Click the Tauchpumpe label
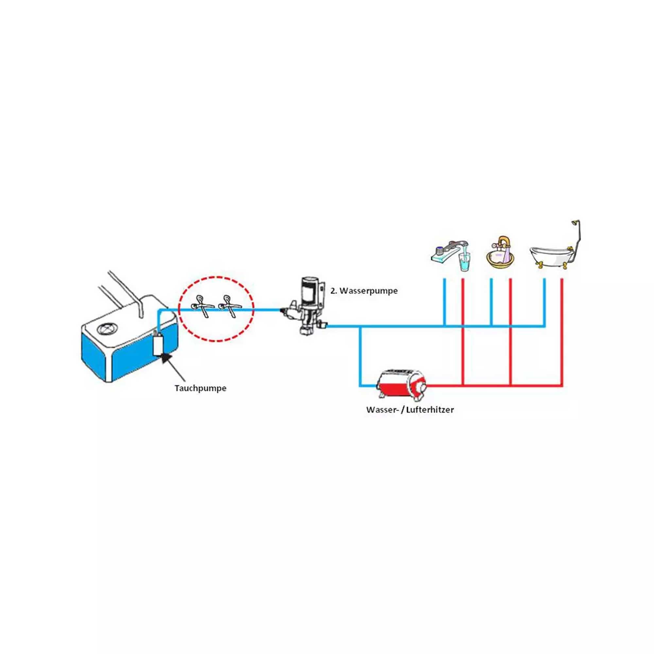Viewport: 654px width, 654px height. [200, 388]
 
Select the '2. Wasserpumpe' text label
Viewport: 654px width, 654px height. [364, 291]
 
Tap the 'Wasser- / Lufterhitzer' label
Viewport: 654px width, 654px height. [410, 410]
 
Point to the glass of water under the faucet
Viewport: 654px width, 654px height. [464, 262]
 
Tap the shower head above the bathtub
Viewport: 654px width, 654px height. [574, 223]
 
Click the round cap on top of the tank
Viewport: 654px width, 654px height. [107, 328]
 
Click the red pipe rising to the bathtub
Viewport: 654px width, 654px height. [562, 332]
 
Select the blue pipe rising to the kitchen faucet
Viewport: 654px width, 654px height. [445, 301]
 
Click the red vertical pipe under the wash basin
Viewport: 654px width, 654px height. [511, 332]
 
